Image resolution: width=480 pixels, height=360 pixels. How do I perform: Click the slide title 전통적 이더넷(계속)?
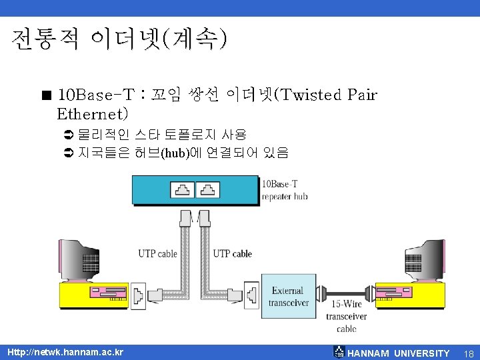[119, 40]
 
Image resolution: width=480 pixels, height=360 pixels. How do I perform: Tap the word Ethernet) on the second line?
[93, 115]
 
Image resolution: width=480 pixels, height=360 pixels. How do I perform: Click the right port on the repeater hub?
[208, 190]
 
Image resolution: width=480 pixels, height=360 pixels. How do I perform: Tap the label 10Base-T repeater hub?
[285, 190]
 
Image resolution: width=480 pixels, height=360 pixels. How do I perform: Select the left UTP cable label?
[158, 253]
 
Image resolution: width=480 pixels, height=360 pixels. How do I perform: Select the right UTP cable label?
[232, 253]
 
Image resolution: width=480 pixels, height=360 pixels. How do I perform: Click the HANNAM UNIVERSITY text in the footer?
[398, 353]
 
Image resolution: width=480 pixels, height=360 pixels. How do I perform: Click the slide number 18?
[469, 353]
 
